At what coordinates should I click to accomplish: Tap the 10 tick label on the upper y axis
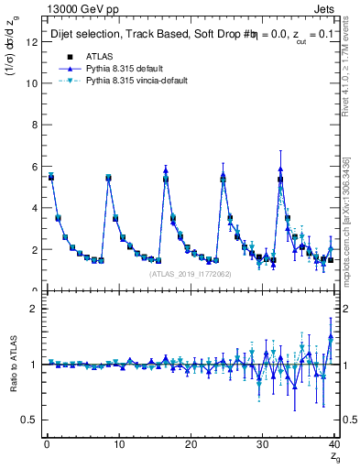coord(33,82)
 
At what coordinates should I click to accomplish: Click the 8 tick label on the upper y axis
coord(36,125)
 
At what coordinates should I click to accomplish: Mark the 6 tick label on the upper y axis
coord(36,166)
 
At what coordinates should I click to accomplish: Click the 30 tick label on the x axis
coord(263,444)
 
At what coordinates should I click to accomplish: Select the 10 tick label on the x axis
coord(118,444)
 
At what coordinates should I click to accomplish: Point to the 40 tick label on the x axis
coord(334,444)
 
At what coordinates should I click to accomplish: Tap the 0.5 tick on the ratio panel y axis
coord(31,420)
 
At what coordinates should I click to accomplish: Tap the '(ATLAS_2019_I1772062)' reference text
coord(191,273)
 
